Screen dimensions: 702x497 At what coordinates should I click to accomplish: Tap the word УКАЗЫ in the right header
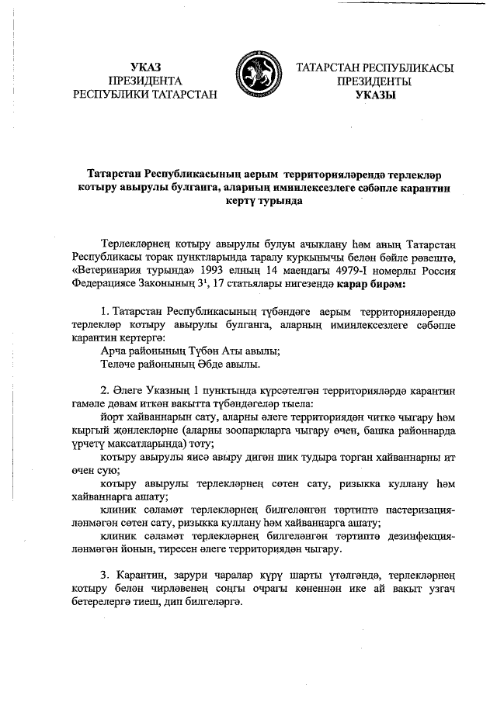[x=375, y=95]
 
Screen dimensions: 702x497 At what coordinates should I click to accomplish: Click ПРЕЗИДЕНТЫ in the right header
[x=375, y=81]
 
